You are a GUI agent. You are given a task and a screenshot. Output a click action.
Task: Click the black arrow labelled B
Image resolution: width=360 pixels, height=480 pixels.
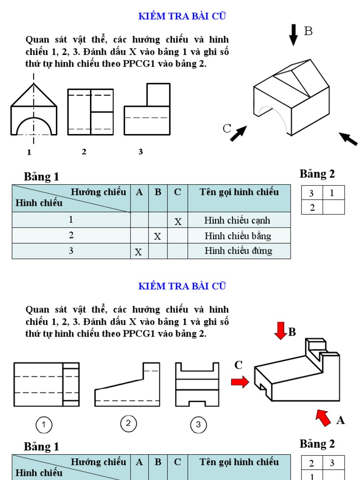point(293,35)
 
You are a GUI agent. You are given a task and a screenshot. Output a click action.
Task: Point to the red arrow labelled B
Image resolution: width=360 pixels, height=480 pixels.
point(281,331)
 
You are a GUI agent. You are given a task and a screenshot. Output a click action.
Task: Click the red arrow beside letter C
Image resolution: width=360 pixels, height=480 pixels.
point(240,382)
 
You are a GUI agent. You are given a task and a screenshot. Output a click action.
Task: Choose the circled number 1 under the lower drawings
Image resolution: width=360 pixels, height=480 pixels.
point(44,425)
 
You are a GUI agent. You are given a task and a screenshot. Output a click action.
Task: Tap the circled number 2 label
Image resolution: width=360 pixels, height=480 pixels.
point(128,424)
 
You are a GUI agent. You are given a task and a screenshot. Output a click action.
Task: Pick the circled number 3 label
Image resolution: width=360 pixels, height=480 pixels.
point(198,425)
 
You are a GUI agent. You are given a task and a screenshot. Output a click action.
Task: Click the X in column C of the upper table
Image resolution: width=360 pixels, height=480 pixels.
point(178,221)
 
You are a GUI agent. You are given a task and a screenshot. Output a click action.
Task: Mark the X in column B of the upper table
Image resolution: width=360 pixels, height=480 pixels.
point(157,237)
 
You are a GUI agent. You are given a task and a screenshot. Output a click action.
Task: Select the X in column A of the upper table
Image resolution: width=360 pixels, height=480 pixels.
point(138,252)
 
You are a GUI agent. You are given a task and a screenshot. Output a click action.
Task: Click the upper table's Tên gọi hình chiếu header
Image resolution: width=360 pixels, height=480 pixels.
point(239,192)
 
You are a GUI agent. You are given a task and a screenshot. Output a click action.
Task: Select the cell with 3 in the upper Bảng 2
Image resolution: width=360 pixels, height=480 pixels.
point(312,193)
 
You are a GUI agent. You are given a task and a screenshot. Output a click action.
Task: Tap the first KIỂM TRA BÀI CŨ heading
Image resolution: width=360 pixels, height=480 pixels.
point(182,16)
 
